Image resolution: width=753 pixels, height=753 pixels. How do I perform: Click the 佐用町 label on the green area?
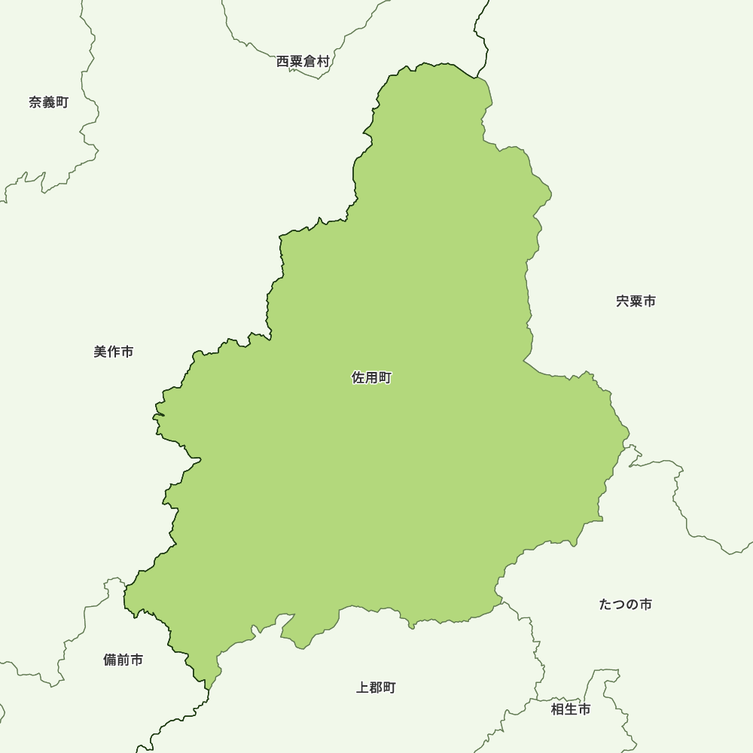tap(371, 378)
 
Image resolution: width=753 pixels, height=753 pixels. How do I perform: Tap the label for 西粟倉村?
tap(303, 62)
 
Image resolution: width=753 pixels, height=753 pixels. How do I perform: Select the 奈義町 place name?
tap(49, 102)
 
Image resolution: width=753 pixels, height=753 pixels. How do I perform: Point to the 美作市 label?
tap(114, 352)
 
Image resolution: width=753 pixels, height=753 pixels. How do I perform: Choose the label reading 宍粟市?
tap(636, 301)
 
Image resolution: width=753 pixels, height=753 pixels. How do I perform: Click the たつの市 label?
tap(626, 605)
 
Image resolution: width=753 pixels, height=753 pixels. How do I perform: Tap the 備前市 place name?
tap(123, 660)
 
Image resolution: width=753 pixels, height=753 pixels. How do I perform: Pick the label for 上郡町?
tap(376, 687)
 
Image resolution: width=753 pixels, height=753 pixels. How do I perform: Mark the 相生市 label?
tap(571, 709)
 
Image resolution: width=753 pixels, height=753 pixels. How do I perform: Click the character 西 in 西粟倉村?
tap(283, 62)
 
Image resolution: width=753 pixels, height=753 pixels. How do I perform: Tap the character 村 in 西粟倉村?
tap(323, 62)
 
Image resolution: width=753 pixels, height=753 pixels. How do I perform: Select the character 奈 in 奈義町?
tap(35, 102)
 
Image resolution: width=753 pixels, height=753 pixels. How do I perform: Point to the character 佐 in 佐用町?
tap(358, 378)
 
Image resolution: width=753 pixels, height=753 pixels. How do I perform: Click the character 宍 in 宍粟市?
tap(623, 301)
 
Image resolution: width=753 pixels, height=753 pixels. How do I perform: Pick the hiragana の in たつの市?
tap(633, 605)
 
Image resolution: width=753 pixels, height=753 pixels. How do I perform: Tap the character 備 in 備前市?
tap(110, 660)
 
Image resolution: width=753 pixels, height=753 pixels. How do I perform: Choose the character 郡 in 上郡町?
tap(376, 687)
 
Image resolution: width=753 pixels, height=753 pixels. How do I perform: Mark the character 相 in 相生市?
tap(558, 709)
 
